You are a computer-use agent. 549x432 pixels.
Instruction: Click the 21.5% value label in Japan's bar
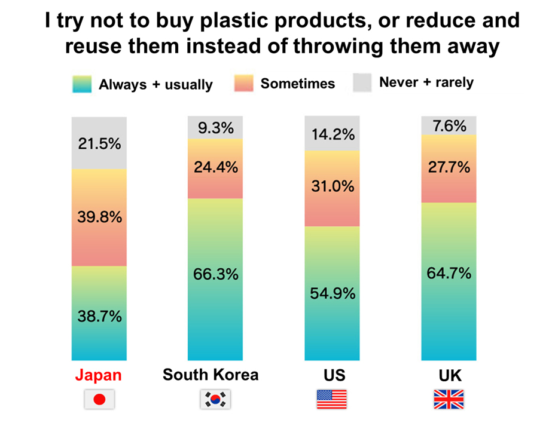[99, 144]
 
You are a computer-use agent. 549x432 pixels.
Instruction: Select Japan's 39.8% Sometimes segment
[99, 217]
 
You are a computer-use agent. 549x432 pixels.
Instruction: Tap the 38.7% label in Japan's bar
[99, 316]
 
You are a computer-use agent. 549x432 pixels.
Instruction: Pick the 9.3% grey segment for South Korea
[215, 127]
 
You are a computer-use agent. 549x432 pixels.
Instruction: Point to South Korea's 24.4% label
[216, 167]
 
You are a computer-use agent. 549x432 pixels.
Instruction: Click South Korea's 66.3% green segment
[215, 280]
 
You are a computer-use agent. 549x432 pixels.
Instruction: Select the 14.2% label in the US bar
[333, 134]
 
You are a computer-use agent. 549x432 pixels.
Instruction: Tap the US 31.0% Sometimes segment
[332, 189]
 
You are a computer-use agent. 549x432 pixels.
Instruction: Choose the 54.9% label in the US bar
[333, 293]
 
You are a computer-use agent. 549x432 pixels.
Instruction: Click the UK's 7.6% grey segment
[449, 125]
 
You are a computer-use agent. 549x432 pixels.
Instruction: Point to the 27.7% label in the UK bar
[449, 167]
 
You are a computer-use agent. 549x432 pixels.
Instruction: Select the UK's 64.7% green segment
[449, 281]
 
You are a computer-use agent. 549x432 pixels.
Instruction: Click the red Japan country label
[99, 375]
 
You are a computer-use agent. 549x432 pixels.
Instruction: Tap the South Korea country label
[211, 375]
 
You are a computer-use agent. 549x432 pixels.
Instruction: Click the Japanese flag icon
[99, 399]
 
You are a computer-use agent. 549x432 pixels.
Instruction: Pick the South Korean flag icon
[215, 399]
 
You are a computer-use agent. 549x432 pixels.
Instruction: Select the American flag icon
[332, 399]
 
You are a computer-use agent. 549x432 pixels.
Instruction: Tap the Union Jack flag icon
[449, 399]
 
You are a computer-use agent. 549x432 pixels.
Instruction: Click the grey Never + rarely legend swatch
[362, 82]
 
